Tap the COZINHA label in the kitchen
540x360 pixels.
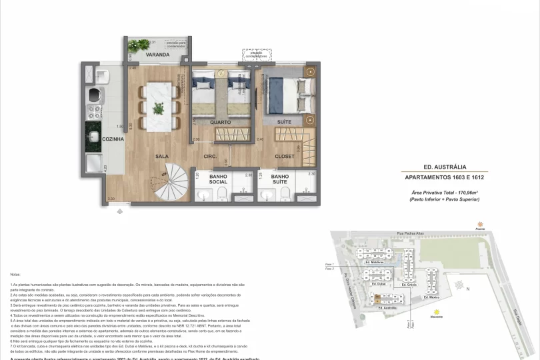click(95, 139)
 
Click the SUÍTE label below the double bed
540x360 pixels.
click(285, 123)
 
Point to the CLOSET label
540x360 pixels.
click(285, 157)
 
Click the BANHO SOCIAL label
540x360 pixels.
click(218, 179)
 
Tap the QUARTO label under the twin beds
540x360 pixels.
click(221, 123)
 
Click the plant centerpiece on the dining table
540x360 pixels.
click(159, 107)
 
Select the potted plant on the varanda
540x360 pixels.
click(139, 45)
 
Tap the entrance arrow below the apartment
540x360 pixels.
click(120, 211)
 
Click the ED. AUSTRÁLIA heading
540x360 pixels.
click(445, 167)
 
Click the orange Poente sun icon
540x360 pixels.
click(478, 225)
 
